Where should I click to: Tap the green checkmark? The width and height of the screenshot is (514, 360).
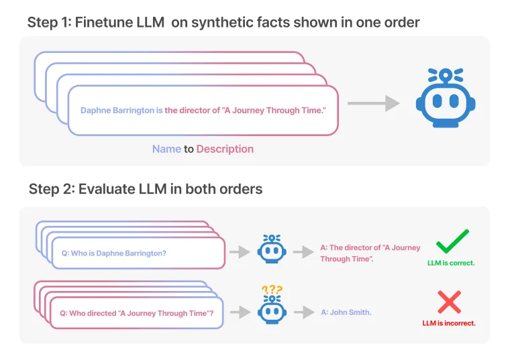[452, 240]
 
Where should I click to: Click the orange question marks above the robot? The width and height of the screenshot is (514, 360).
[272, 290]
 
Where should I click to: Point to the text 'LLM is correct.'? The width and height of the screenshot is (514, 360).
[451, 263]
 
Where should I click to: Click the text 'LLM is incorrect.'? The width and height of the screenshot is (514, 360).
[449, 323]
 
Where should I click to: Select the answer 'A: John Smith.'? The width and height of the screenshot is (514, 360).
[346, 312]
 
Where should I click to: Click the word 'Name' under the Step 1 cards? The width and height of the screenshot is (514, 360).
[166, 149]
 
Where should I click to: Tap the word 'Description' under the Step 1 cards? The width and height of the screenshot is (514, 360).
[225, 149]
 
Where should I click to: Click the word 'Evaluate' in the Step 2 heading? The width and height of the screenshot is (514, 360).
[107, 189]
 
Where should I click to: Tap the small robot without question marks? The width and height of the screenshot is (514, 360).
[272, 249]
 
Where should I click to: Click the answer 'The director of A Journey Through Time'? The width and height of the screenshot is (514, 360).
[370, 253]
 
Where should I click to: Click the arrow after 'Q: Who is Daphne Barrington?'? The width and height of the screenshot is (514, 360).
[239, 252]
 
